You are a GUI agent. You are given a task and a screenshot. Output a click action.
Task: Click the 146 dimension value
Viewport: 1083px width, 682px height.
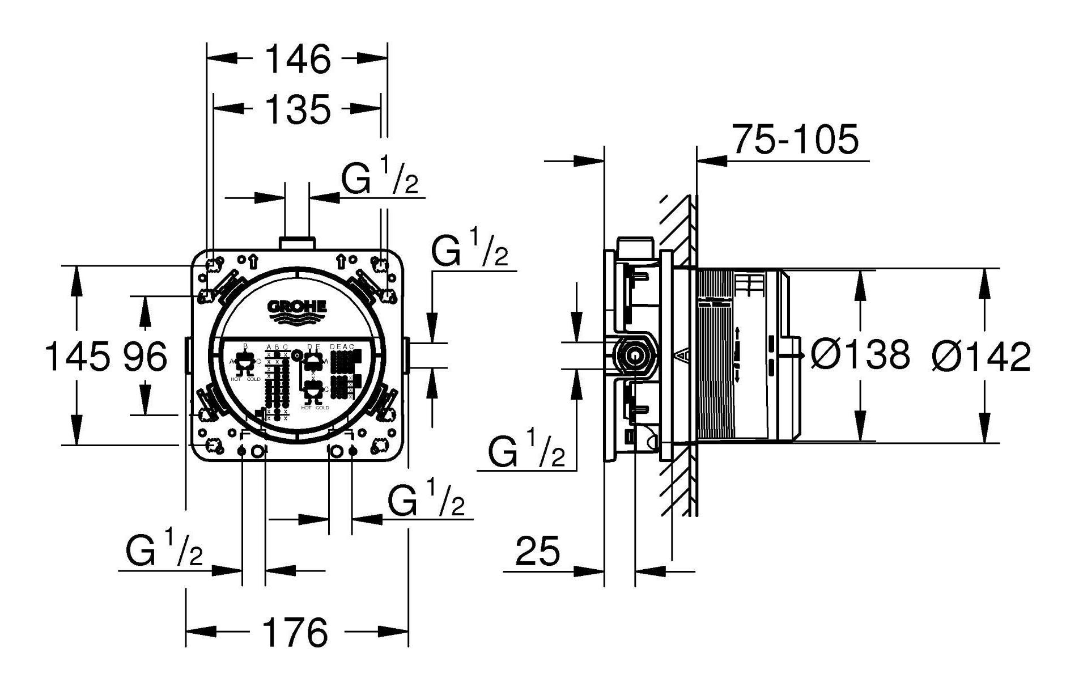298,60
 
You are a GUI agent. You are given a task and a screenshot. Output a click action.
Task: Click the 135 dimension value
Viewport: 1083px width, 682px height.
298,109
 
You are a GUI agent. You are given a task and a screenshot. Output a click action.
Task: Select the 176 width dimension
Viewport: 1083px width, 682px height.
296,633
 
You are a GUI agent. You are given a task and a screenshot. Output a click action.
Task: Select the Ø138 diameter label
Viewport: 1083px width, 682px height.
859,355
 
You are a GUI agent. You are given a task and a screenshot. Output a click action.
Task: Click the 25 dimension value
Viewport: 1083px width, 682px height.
537,550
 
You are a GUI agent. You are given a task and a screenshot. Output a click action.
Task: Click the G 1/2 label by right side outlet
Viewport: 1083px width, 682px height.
469,249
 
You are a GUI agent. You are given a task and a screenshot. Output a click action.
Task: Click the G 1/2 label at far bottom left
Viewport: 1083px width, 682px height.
164,549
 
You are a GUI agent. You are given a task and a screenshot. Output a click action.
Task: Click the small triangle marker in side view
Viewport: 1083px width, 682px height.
683,355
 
